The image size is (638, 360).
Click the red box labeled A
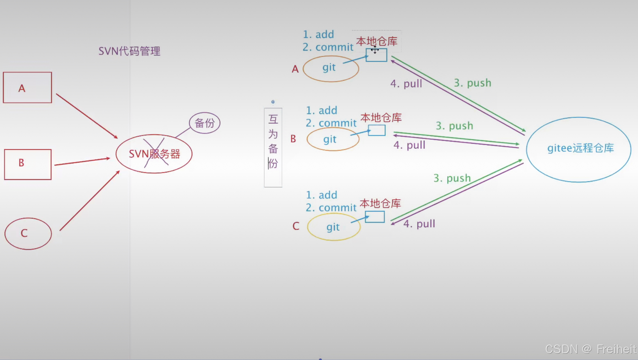click(x=27, y=87)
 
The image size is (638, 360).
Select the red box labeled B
click(x=28, y=164)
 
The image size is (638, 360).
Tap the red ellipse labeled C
click(x=28, y=233)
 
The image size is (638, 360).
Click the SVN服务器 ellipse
click(x=154, y=154)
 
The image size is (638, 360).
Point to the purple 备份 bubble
click(x=204, y=123)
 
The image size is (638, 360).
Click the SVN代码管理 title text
click(x=129, y=51)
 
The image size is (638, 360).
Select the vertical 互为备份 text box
click(x=273, y=147)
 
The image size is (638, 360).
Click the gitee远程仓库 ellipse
click(x=579, y=149)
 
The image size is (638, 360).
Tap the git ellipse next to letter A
click(x=331, y=69)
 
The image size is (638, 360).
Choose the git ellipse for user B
click(x=333, y=139)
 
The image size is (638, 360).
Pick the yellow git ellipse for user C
click(x=334, y=227)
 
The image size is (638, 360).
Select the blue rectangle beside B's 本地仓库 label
click(x=377, y=130)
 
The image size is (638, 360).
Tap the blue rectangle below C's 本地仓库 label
click(x=375, y=217)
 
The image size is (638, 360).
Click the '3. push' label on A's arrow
click(x=472, y=83)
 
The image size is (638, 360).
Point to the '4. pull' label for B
click(x=409, y=145)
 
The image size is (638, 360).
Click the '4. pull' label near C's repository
click(x=419, y=224)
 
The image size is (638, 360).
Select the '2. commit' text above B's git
click(x=331, y=123)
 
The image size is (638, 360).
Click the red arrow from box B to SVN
click(x=82, y=161)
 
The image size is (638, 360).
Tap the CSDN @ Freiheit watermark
click(x=590, y=349)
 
